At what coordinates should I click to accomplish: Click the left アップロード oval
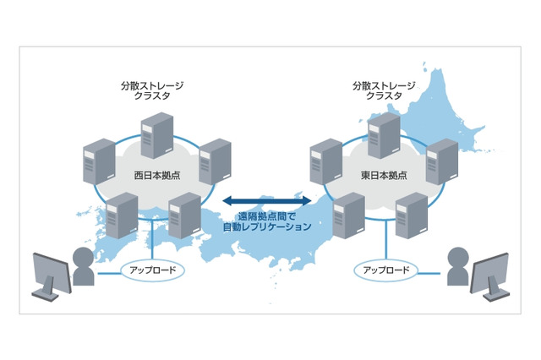[150, 270]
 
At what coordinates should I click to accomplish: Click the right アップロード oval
[385, 270]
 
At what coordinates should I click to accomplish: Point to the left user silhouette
[83, 269]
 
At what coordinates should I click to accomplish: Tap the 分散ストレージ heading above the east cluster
[385, 85]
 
